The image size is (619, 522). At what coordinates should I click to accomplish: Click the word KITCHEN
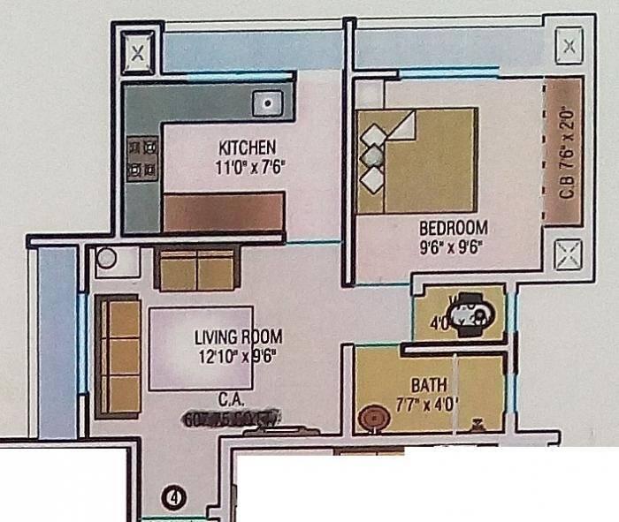coord(247,147)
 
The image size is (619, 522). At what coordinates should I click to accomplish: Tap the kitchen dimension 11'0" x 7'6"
coord(247,164)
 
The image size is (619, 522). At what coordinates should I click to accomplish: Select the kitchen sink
coord(266,104)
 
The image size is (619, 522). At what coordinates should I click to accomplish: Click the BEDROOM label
coord(454,229)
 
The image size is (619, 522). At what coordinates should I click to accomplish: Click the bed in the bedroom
coord(416,160)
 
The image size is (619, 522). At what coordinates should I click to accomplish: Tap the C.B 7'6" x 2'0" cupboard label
coord(564,152)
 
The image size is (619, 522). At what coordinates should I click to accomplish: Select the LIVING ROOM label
coord(238,336)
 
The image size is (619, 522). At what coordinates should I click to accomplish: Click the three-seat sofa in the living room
coord(118,356)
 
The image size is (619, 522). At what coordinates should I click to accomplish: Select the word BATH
coord(428,386)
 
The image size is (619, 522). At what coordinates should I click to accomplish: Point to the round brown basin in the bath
coord(370,418)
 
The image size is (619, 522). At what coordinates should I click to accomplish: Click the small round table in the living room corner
coord(106,259)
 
